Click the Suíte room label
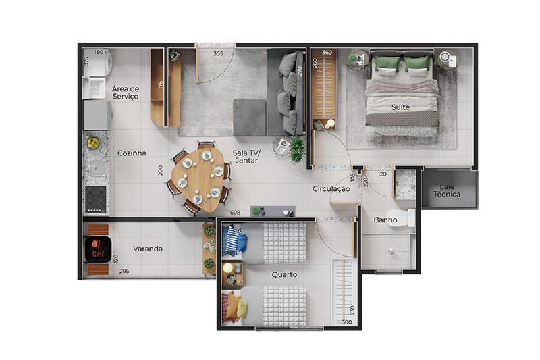point(400,107)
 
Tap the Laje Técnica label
point(447,190)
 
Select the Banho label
point(385,220)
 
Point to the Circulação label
point(331,189)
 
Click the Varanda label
point(148,249)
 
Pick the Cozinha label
point(132,153)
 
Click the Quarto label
point(284,275)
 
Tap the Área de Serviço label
point(126,93)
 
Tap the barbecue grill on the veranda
point(97,249)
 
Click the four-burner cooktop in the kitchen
point(95,199)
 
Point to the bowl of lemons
point(93,143)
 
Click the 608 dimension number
point(235,213)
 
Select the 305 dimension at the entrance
point(218,53)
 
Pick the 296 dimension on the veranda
point(124,271)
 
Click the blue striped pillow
point(234,239)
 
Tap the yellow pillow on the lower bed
point(242,309)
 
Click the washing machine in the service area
point(97,62)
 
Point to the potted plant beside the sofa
point(297,149)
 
